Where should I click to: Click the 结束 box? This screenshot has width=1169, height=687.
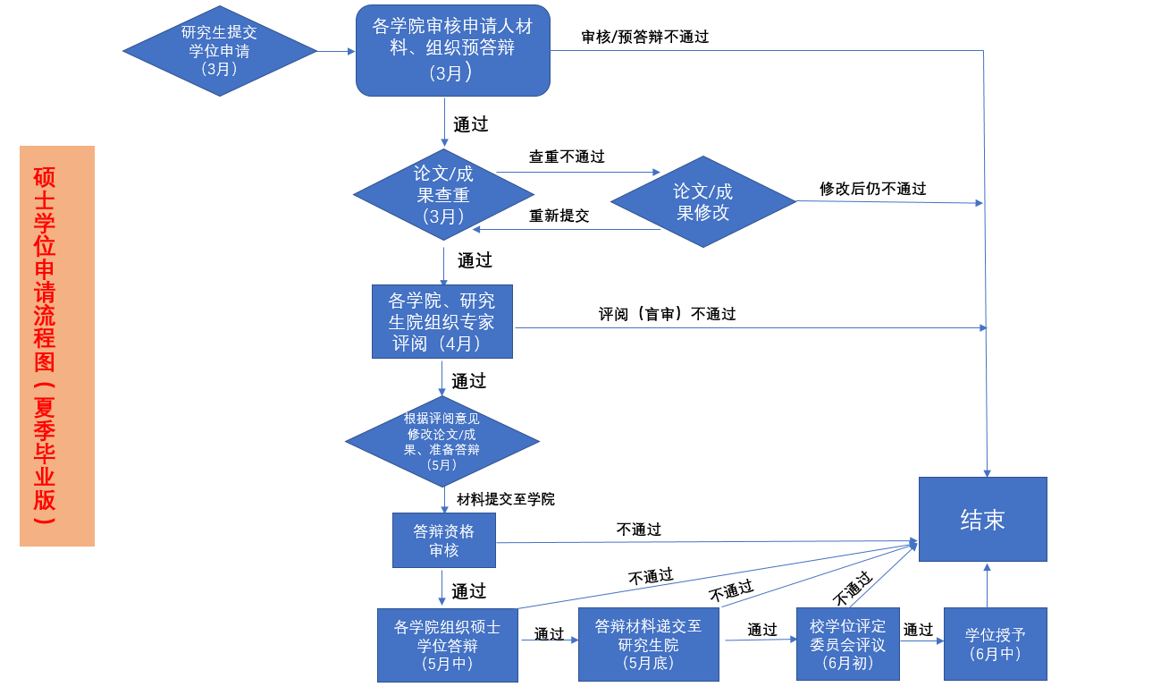pyautogui.click(x=982, y=520)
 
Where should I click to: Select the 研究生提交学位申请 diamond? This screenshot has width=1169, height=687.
pyautogui.click(x=220, y=50)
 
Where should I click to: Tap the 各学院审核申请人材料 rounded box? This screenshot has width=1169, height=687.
pyautogui.click(x=452, y=50)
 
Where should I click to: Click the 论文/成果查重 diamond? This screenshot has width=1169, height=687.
pyautogui.click(x=443, y=194)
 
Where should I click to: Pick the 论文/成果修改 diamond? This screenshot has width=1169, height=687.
pyautogui.click(x=702, y=201)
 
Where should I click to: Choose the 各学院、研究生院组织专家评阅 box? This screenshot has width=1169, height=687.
pyautogui.click(x=442, y=321)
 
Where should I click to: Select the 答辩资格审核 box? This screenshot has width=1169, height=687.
pyautogui.click(x=443, y=539)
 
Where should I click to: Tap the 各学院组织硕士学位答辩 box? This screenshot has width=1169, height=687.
pyautogui.click(x=447, y=644)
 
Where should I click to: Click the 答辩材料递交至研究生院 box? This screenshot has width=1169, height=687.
pyautogui.click(x=648, y=644)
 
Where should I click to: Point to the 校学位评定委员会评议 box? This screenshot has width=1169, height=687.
pyautogui.click(x=847, y=644)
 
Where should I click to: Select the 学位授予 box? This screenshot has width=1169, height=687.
pyautogui.click(x=995, y=644)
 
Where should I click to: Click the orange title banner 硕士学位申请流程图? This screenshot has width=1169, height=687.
pyautogui.click(x=56, y=345)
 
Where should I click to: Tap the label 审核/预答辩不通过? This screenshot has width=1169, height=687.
pyautogui.click(x=644, y=37)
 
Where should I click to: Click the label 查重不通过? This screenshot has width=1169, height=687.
pyautogui.click(x=567, y=157)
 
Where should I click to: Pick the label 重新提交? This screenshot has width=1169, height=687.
pyautogui.click(x=559, y=216)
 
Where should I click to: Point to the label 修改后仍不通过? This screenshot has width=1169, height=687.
pyautogui.click(x=872, y=189)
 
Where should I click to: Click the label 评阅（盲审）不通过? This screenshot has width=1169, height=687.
pyautogui.click(x=667, y=314)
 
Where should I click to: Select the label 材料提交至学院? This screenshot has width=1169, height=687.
pyautogui.click(x=505, y=498)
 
